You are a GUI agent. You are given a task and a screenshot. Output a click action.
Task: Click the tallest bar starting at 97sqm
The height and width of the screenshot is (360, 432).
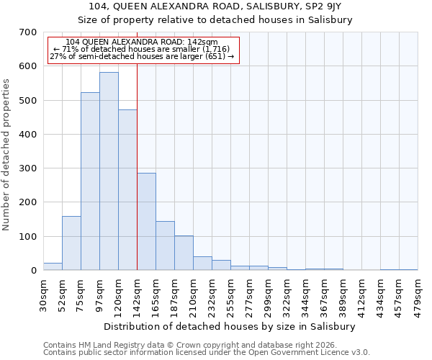click(109, 171)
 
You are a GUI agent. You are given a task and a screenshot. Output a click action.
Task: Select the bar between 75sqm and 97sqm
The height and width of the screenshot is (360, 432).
click(90, 181)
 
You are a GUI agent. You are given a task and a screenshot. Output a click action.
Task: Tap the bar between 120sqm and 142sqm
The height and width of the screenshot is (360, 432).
click(127, 190)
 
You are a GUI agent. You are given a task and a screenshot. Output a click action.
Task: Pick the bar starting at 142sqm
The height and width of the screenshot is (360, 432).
click(146, 222)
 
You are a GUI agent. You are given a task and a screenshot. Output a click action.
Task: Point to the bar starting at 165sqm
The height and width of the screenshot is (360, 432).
click(165, 246)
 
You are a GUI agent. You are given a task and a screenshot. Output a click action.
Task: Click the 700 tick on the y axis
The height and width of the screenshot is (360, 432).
click(28, 32)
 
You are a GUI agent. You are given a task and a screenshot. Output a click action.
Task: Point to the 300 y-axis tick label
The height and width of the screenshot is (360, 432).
click(28, 168)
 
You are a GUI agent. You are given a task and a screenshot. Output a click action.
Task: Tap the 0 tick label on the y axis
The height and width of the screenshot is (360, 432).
click(33, 271)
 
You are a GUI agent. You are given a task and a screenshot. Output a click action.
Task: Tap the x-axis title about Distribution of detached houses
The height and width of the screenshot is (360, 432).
click(230, 326)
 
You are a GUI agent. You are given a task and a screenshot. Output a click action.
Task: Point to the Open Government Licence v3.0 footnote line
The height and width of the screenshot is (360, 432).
click(207, 352)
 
